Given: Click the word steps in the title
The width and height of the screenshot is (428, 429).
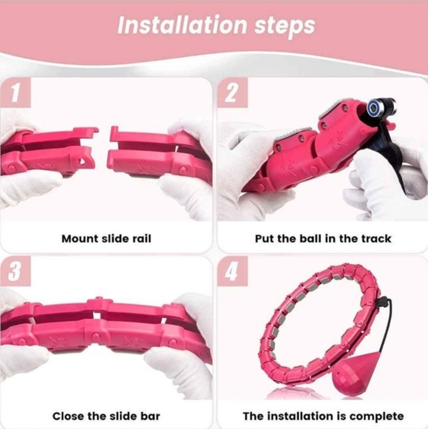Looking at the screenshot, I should pos(282,26).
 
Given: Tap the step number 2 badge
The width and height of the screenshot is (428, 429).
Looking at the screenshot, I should pos(231,94).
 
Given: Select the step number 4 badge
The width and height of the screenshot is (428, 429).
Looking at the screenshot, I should pos(231,271).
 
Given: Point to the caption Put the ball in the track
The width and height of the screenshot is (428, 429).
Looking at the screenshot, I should pos(322,239).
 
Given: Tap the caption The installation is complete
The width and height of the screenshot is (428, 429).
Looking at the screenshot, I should pos(323,416).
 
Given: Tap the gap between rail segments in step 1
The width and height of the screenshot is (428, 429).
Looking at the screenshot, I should pos(104,152).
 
